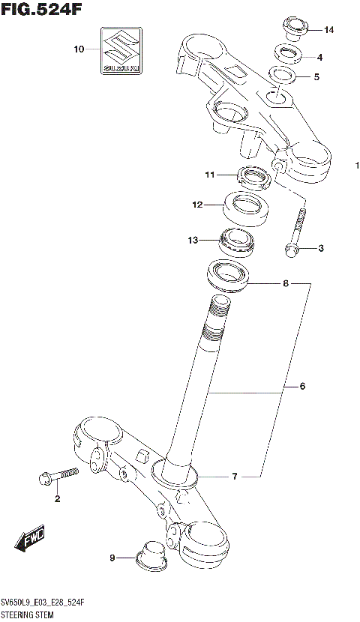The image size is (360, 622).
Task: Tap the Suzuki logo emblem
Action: [x=119, y=50]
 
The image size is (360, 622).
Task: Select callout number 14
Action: [x=329, y=30]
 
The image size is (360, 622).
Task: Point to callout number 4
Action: [x=319, y=57]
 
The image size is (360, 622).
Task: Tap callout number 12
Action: [x=197, y=204]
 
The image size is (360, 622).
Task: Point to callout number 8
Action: [x=285, y=284]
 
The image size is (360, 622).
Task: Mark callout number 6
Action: [x=302, y=387]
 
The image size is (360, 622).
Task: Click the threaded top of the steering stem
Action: [x=218, y=310]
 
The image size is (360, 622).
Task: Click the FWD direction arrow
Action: [x=29, y=539]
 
